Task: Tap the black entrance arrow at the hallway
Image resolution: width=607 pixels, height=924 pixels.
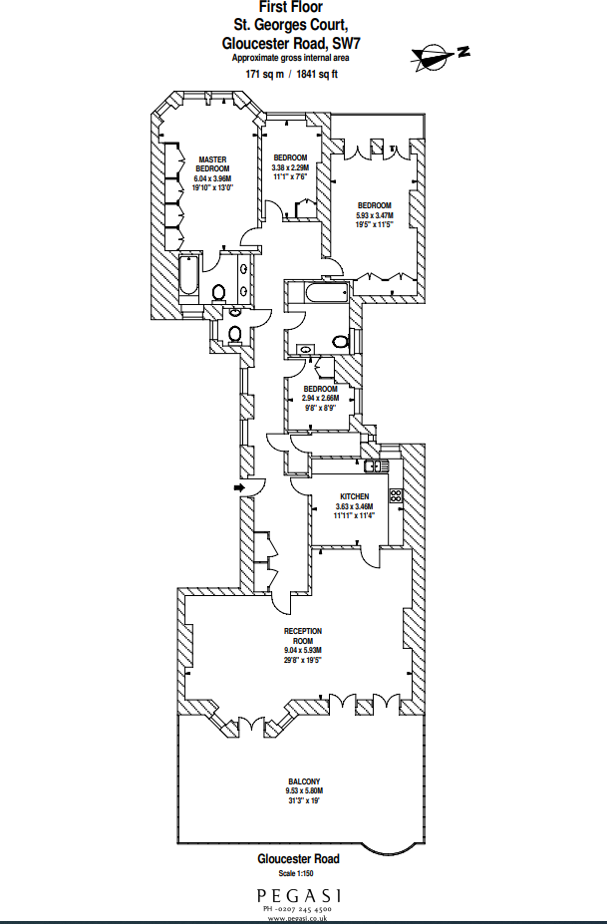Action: [237, 487]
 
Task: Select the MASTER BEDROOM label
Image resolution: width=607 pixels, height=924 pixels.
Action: [213, 164]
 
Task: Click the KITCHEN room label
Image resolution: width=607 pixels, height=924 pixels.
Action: [354, 496]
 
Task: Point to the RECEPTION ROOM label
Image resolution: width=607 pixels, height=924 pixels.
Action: [303, 636]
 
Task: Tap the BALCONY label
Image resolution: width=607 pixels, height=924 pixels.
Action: [304, 781]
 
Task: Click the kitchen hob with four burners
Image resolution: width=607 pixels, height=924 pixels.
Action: [395, 495]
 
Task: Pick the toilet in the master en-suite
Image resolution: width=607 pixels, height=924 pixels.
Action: [219, 293]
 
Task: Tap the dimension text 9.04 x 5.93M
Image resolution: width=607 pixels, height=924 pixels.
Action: [303, 651]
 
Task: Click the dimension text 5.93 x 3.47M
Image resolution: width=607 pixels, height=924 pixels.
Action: [375, 215]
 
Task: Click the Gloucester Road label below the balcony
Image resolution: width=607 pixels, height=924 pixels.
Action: [298, 858]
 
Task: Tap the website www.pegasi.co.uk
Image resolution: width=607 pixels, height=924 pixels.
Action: [298, 917]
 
